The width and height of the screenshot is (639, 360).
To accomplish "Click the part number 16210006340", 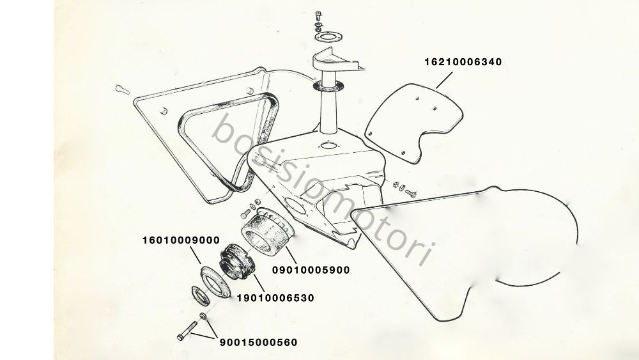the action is point(463,62).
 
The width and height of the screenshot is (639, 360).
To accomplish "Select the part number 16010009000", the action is point(181,240).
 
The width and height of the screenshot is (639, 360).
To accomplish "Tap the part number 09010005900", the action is point(311,270).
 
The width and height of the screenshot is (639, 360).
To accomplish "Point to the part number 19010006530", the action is point(276,298).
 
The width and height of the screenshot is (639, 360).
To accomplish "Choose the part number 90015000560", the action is point(259,343).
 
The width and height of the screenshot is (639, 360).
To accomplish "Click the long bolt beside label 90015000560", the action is point(187,331).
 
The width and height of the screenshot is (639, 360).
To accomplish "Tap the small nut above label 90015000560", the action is point(203,316).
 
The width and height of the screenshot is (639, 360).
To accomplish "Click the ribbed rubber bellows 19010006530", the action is point(237,262).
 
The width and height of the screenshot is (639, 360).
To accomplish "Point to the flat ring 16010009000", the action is point(215,281).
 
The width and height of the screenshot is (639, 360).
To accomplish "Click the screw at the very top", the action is point(319,17).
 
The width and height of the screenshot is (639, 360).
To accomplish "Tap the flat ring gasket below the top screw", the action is point(328,38).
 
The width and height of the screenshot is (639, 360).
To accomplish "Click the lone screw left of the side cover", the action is point(122,90).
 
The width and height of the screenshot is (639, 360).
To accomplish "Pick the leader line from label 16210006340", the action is point(444,81).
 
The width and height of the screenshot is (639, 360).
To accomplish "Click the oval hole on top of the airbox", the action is point(328,145).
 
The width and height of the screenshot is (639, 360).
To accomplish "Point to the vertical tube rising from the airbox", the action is point(328,110).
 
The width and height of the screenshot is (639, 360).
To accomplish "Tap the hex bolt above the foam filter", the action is point(247,213).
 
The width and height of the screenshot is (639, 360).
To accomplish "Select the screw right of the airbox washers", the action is point(410,193).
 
